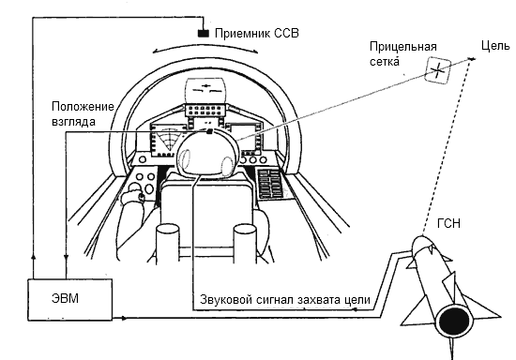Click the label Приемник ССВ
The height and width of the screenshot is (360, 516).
point(255,33)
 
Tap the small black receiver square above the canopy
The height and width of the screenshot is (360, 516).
point(202,34)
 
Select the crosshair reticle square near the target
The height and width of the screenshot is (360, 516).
point(437,67)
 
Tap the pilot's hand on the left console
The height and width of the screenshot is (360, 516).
point(137,195)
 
